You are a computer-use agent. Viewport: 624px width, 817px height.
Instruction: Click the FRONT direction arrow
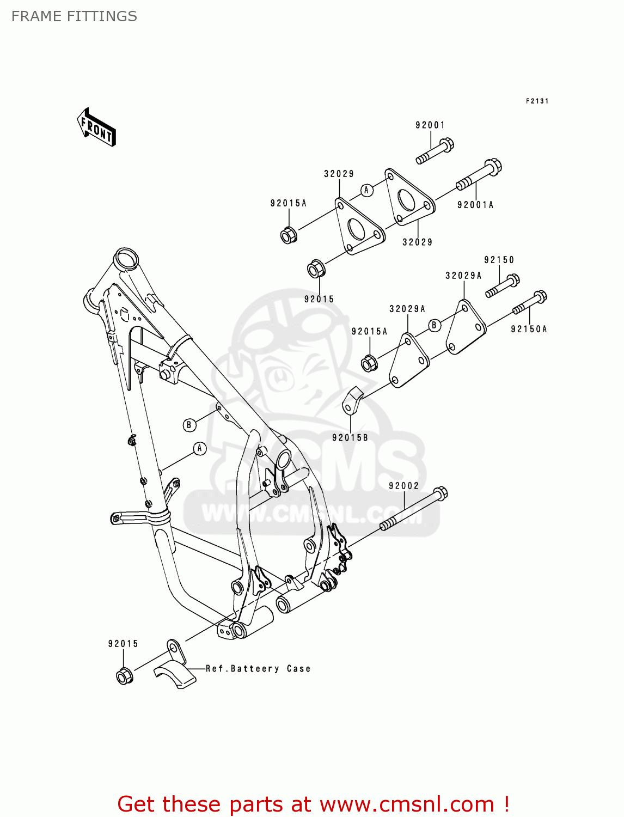coord(97,127)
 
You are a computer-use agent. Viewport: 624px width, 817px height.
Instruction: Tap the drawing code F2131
coord(537,101)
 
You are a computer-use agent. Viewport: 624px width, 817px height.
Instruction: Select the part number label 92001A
coord(475,205)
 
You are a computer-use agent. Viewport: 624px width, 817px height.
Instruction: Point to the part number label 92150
coord(499,260)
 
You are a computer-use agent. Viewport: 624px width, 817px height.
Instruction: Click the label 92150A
coord(529,329)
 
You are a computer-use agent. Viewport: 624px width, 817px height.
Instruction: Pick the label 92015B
coord(350,437)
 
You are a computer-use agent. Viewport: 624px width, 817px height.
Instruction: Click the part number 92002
coord(403,486)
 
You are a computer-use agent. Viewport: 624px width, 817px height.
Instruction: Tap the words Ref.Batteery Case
coord(258,668)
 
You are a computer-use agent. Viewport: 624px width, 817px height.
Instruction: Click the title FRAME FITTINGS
coord(74,16)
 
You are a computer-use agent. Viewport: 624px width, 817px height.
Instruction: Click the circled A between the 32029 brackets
coord(367,190)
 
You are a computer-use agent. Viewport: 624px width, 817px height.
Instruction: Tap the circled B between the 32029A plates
coord(434,325)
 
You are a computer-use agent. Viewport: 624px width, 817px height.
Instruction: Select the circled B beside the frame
coord(189,425)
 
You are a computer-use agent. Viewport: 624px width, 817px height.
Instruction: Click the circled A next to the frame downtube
coord(200,449)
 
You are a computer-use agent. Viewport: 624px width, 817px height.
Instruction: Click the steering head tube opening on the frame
coord(126,258)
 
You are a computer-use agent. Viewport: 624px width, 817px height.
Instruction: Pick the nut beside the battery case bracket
coord(124,676)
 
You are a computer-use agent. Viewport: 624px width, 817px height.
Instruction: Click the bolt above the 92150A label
coord(529,303)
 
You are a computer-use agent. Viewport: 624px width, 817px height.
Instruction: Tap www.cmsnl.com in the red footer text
coord(406,804)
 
